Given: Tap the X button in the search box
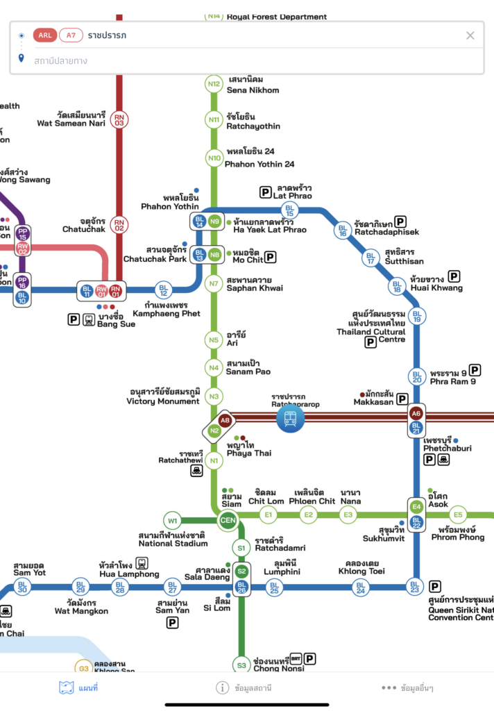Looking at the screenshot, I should pos(470,35).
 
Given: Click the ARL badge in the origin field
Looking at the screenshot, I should pos(44,35).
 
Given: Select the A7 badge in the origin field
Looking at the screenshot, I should pos(70,35).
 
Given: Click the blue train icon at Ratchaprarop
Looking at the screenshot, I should pos(289,418).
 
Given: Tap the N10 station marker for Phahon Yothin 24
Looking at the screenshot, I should pos(214,158).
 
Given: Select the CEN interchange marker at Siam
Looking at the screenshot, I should pos(228,520).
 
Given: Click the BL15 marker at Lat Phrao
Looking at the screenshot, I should pos(290,210).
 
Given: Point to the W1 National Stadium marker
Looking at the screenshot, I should pos(172,519).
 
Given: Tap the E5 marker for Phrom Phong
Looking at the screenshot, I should pos(457,515).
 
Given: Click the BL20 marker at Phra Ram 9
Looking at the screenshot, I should pos(416,376).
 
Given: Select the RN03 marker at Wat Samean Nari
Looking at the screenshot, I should pos(119,119).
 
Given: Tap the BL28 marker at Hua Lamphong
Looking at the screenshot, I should pos(119,587).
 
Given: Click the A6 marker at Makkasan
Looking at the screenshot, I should pos(416,413).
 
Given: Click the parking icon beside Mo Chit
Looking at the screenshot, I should pos(271,257).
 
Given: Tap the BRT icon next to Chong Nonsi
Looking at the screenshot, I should pos(296,658).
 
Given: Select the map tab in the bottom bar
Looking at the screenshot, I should pos(78,688).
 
